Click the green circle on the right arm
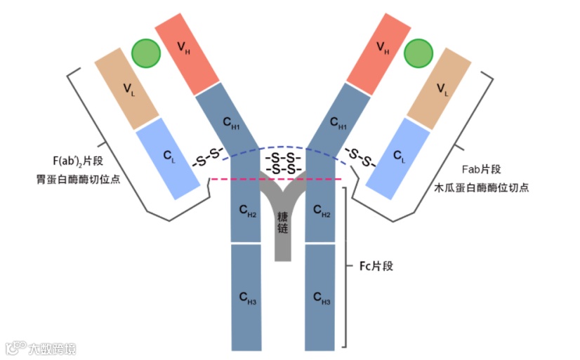click(x=418, y=53)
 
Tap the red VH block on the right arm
click(x=381, y=49)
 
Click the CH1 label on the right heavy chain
click(x=338, y=125)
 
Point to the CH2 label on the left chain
click(x=246, y=211)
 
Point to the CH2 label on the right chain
click(x=321, y=211)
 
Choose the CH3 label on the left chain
click(x=246, y=300)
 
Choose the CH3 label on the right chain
click(x=321, y=300)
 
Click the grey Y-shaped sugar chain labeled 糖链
click(x=283, y=225)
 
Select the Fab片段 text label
click(x=482, y=171)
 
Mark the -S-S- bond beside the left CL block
click(x=207, y=156)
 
